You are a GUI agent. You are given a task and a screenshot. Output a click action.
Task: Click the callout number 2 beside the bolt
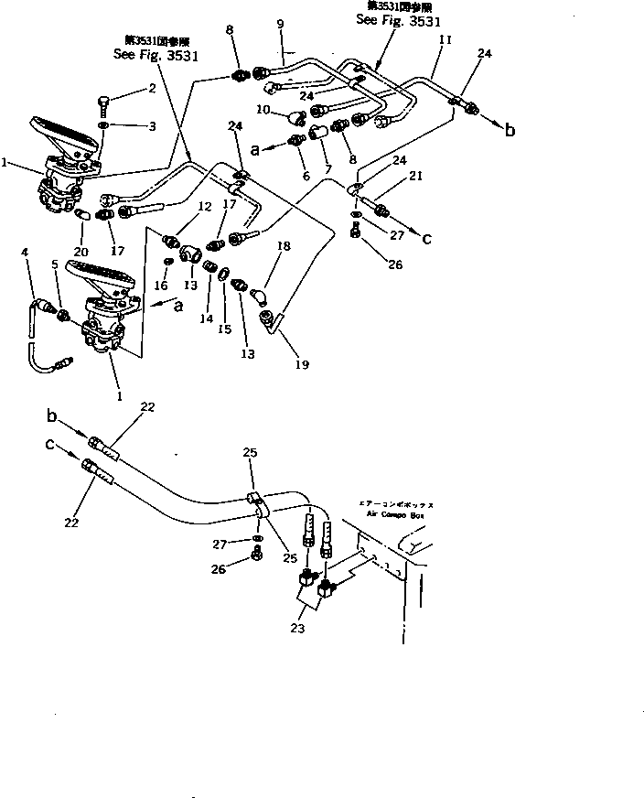pyautogui.click(x=152, y=89)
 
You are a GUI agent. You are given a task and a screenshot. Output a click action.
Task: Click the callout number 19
pyautogui.click(x=302, y=364)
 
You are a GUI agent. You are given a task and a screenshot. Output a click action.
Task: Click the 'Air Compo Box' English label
pyautogui.click(x=392, y=516)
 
